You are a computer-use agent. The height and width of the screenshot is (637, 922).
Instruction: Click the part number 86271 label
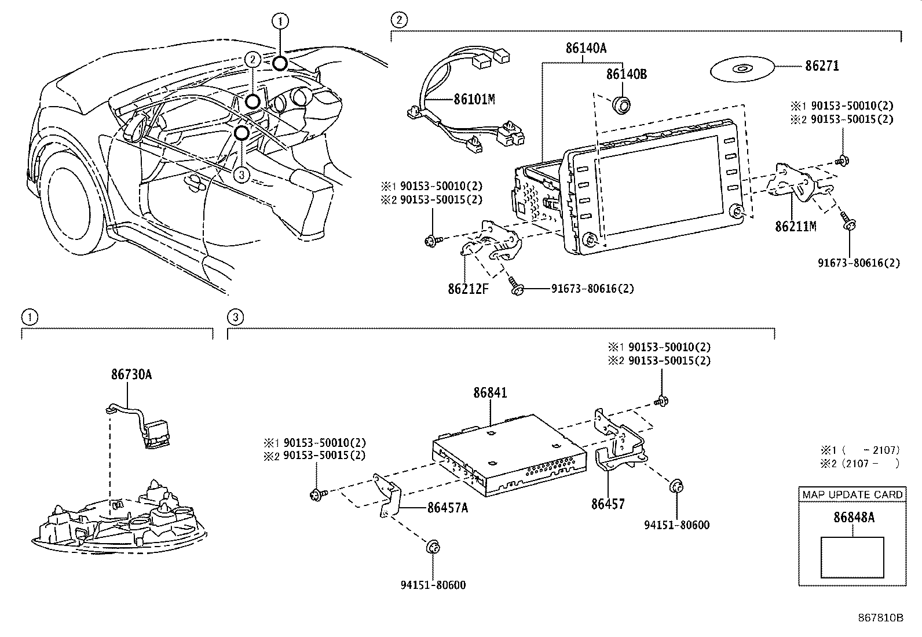(x=821, y=66)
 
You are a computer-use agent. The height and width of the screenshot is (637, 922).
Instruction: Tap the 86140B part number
(x=627, y=75)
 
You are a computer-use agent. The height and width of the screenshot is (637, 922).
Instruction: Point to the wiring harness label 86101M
(x=474, y=99)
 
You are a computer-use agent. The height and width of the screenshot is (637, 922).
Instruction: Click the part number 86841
(x=490, y=393)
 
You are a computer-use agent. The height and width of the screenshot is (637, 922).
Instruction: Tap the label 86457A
(x=447, y=508)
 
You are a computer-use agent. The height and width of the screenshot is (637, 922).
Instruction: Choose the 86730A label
(x=131, y=374)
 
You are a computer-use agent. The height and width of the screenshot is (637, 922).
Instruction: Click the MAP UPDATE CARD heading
(x=853, y=494)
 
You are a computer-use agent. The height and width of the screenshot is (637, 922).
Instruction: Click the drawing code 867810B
(x=880, y=617)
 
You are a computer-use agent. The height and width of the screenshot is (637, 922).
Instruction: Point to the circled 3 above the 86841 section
(x=235, y=317)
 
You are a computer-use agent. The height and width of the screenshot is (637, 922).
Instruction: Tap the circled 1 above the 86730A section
(x=29, y=317)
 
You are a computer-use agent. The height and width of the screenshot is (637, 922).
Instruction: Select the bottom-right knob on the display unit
(x=737, y=212)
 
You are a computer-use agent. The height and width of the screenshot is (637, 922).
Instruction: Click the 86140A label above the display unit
(x=586, y=49)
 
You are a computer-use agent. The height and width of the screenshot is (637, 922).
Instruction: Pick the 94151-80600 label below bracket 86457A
(x=433, y=585)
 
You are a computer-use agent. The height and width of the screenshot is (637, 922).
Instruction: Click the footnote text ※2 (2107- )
(x=859, y=463)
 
